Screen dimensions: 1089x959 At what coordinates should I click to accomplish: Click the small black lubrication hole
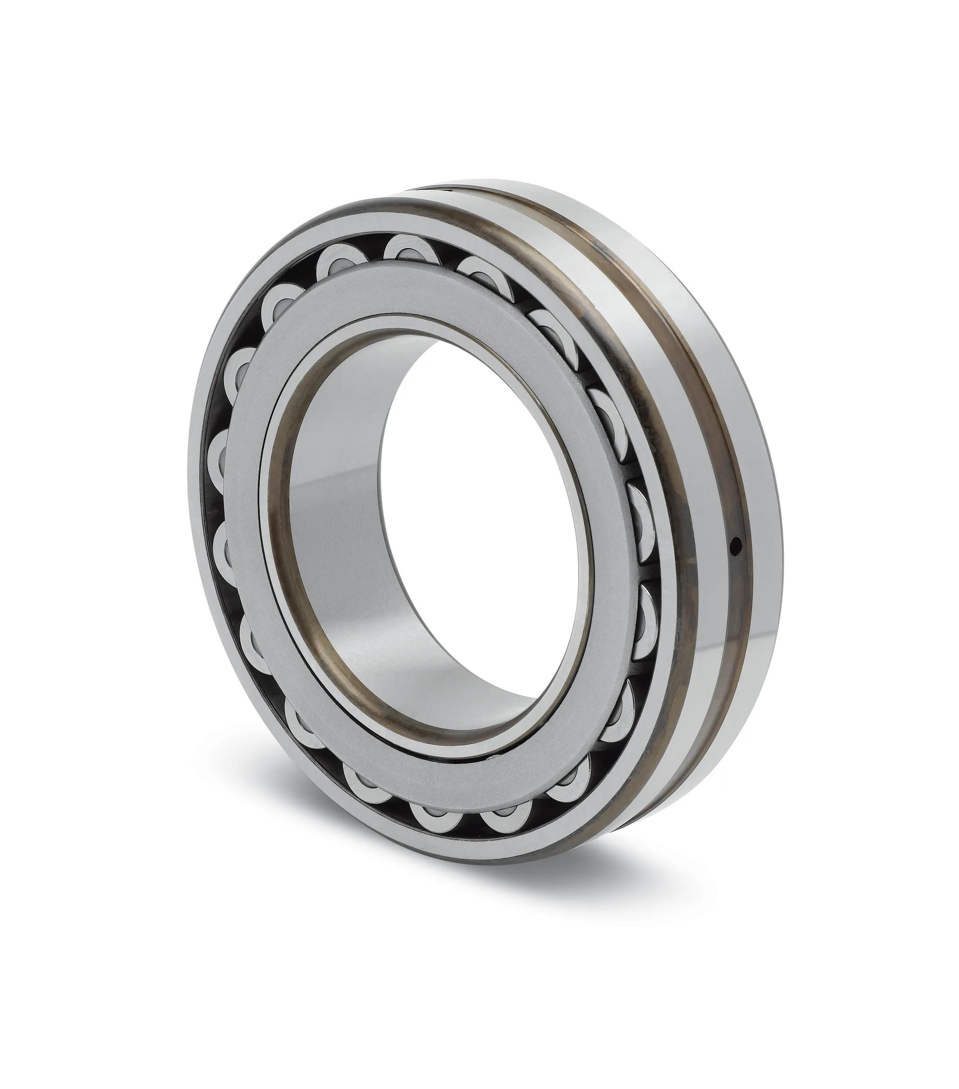coord(736,544)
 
